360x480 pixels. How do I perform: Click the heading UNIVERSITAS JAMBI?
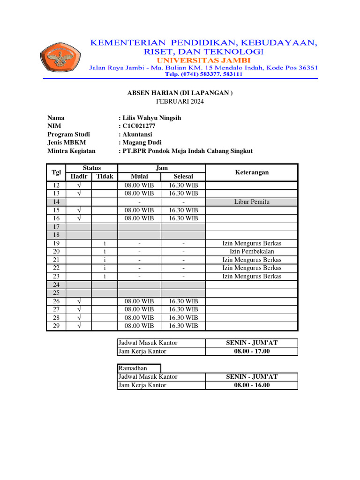point(203,60)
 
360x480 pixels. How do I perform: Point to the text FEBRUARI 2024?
point(180,101)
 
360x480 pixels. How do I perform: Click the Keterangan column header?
point(252,172)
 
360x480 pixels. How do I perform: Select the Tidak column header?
point(105,177)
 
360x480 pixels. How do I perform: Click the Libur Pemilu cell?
point(252,202)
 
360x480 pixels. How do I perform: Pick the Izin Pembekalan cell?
point(252,252)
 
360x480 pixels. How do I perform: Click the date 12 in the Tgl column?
point(56,185)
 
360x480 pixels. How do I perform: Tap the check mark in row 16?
point(79,218)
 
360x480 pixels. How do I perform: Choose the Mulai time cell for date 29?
point(139,326)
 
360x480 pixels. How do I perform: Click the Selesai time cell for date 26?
point(183,301)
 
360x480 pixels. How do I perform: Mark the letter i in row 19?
point(105,243)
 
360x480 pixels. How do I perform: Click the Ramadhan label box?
point(139,368)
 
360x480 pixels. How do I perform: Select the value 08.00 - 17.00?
point(252,351)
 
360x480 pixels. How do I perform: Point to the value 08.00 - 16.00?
point(252,385)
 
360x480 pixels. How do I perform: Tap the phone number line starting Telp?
point(203,74)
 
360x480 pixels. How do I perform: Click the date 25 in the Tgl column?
point(56,293)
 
